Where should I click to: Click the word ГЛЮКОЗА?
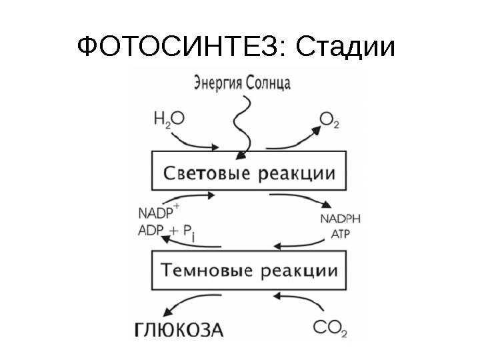[x=180, y=329]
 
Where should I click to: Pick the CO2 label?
[x=330, y=328]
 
